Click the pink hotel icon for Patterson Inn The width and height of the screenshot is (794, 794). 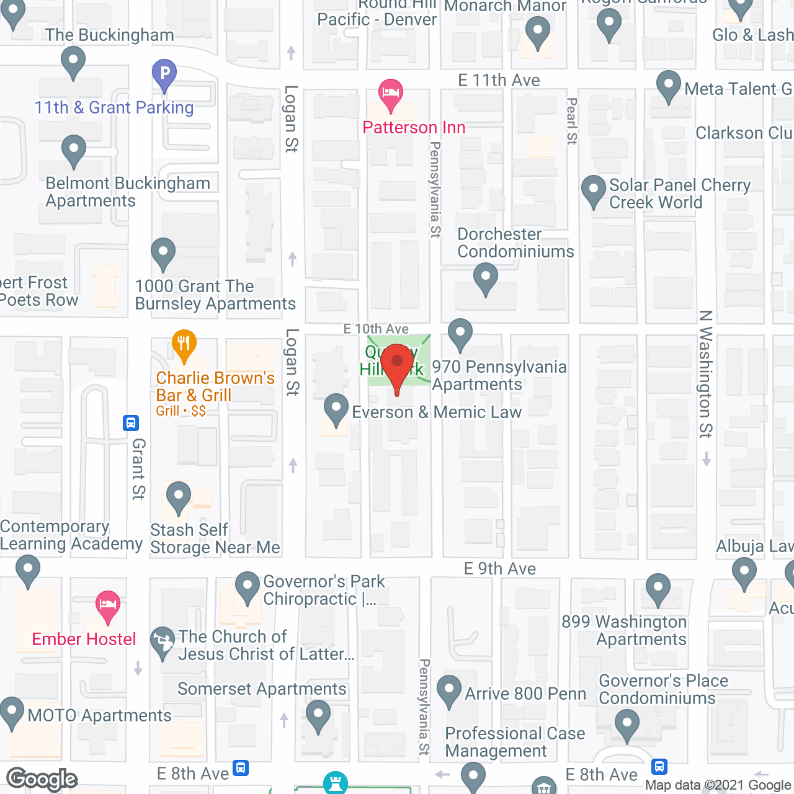390,94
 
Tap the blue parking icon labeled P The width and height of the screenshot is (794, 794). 164,74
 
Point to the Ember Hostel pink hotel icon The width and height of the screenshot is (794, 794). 108,605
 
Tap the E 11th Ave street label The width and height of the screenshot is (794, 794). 499,80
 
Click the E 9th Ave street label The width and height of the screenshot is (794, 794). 500,569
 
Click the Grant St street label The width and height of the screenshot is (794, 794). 138,469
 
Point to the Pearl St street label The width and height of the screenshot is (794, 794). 572,121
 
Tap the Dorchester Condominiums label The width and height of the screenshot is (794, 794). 515,243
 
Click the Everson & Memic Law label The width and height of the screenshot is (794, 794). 437,412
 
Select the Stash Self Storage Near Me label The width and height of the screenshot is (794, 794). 215,538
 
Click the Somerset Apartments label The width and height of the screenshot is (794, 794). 262,689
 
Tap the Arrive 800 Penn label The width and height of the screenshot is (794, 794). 525,694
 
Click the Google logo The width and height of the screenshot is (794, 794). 42,779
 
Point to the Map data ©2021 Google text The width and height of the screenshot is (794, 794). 718,785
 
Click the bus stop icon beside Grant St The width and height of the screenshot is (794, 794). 130,423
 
